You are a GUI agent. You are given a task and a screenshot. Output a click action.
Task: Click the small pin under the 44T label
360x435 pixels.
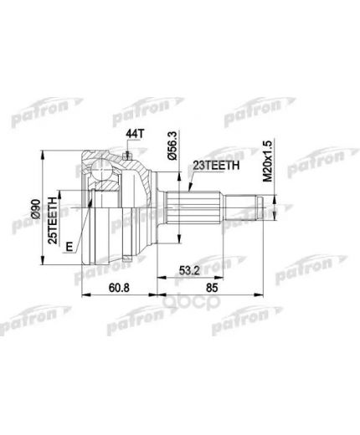tap(126, 152)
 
